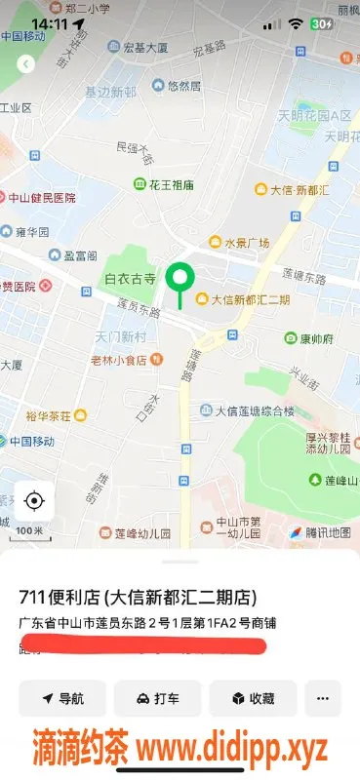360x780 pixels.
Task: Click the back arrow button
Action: click(x=26, y=64)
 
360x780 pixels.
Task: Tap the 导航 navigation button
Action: click(x=62, y=698)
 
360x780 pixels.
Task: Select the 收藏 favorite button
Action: click(x=252, y=698)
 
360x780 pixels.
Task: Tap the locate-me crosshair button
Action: click(x=34, y=501)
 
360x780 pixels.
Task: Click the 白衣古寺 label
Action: click(x=131, y=279)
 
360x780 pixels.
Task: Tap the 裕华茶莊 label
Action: click(x=49, y=416)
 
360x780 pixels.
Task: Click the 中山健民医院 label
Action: click(x=41, y=196)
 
